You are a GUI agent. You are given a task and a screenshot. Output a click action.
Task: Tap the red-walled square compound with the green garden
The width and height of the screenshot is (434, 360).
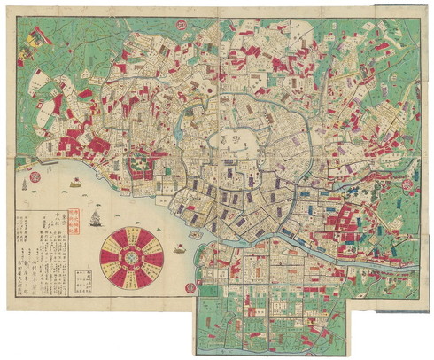tap(141, 165)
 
